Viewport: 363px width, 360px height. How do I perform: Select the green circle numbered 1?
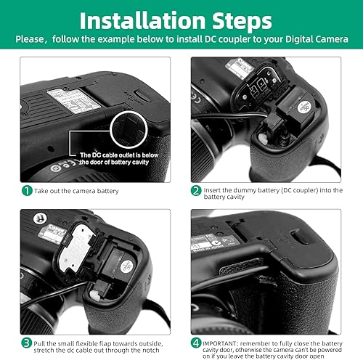point(26,190)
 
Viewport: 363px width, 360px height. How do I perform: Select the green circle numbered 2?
point(196,190)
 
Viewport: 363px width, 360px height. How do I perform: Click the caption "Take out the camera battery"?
point(76,190)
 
